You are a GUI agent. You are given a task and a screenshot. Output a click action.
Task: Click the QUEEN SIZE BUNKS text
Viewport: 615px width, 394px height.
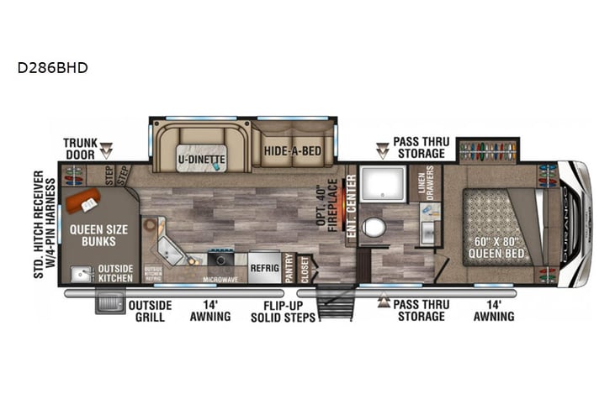(x=98, y=234)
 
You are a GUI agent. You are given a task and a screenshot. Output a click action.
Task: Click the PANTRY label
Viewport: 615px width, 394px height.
(x=289, y=268)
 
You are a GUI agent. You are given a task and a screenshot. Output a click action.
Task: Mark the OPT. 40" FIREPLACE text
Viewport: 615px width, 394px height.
(x=333, y=201)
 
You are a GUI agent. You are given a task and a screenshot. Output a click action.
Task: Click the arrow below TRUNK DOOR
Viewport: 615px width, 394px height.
(x=106, y=153)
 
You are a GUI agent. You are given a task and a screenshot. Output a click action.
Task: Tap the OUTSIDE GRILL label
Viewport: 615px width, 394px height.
(x=150, y=311)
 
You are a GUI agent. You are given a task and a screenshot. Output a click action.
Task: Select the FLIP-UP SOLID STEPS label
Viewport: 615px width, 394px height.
(x=283, y=311)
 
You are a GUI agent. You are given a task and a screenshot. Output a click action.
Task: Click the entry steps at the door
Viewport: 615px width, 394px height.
(x=336, y=302)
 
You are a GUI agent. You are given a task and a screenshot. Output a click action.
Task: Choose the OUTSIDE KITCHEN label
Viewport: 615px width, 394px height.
(x=115, y=272)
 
